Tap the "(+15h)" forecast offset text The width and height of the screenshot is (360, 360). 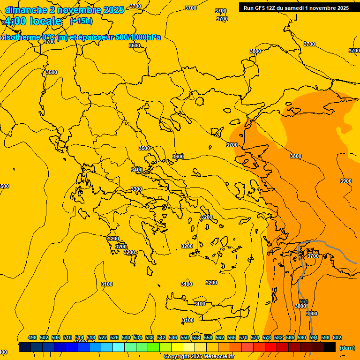(82, 21)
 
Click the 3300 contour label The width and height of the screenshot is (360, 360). (136, 189)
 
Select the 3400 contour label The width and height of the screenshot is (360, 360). (137, 170)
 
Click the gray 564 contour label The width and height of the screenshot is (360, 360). (303, 301)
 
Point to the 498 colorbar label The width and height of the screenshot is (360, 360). (32, 337)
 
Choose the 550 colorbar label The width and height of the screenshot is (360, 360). (185, 337)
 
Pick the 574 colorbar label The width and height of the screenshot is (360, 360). (255, 337)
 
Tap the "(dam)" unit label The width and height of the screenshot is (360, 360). (347, 348)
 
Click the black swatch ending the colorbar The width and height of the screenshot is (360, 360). (330, 347)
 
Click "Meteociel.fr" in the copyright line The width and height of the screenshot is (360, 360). (218, 357)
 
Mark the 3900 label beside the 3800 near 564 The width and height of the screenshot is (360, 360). (311, 314)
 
